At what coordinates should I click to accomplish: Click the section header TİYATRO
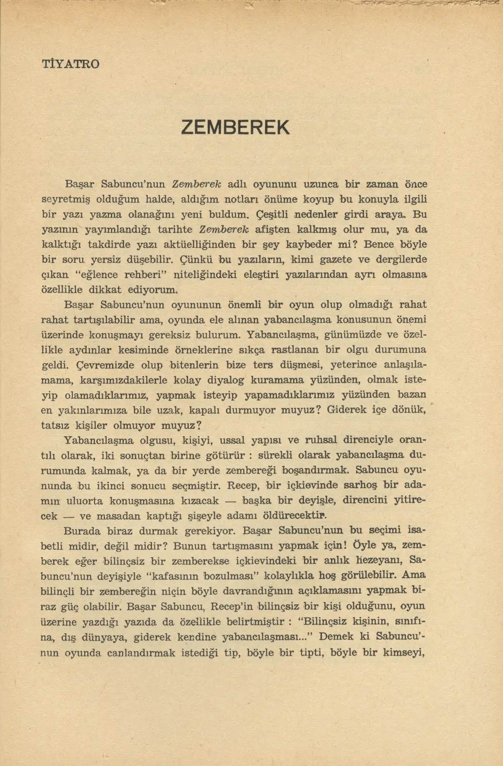[x=70, y=64]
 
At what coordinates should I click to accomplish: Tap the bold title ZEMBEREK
[x=236, y=127]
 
